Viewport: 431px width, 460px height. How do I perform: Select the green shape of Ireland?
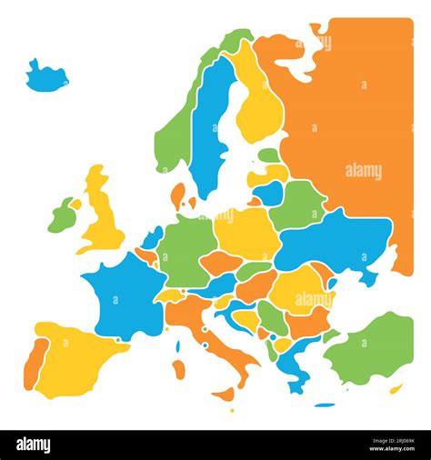coord(62,215)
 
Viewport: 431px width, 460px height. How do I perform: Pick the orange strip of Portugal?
coord(33,359)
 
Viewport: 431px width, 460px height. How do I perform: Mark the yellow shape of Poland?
coord(244,233)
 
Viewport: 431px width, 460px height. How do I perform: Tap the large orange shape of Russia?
coord(359,118)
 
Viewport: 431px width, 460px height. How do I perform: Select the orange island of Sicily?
coord(224,394)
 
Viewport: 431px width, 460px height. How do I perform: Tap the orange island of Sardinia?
coord(179,368)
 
